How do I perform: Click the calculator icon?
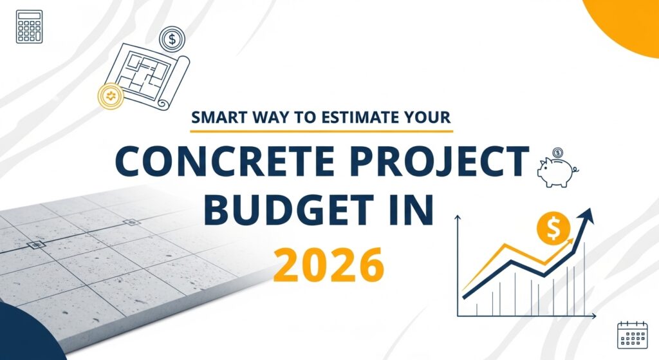tap(29, 26)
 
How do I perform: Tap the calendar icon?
tap(632, 335)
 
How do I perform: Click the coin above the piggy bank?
tap(558, 152)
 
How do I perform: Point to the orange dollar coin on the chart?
tap(553, 229)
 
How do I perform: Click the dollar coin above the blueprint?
tap(172, 39)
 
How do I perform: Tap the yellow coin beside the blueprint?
tap(111, 97)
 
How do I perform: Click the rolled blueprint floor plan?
tap(148, 76)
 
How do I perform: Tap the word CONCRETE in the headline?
tap(225, 161)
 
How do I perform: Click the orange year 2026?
tap(328, 265)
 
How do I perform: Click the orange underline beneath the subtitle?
tap(322, 131)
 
